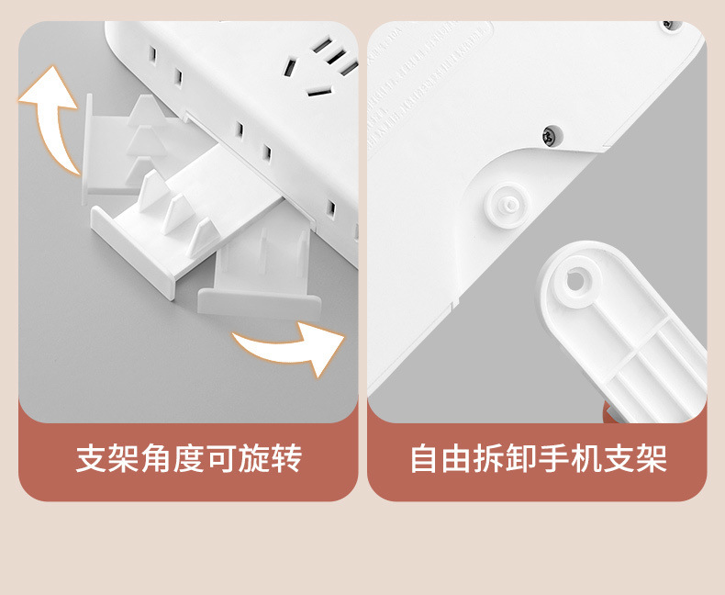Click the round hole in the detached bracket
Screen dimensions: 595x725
575,281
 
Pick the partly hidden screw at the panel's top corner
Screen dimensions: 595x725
671,24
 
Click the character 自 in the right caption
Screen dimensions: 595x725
423,458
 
